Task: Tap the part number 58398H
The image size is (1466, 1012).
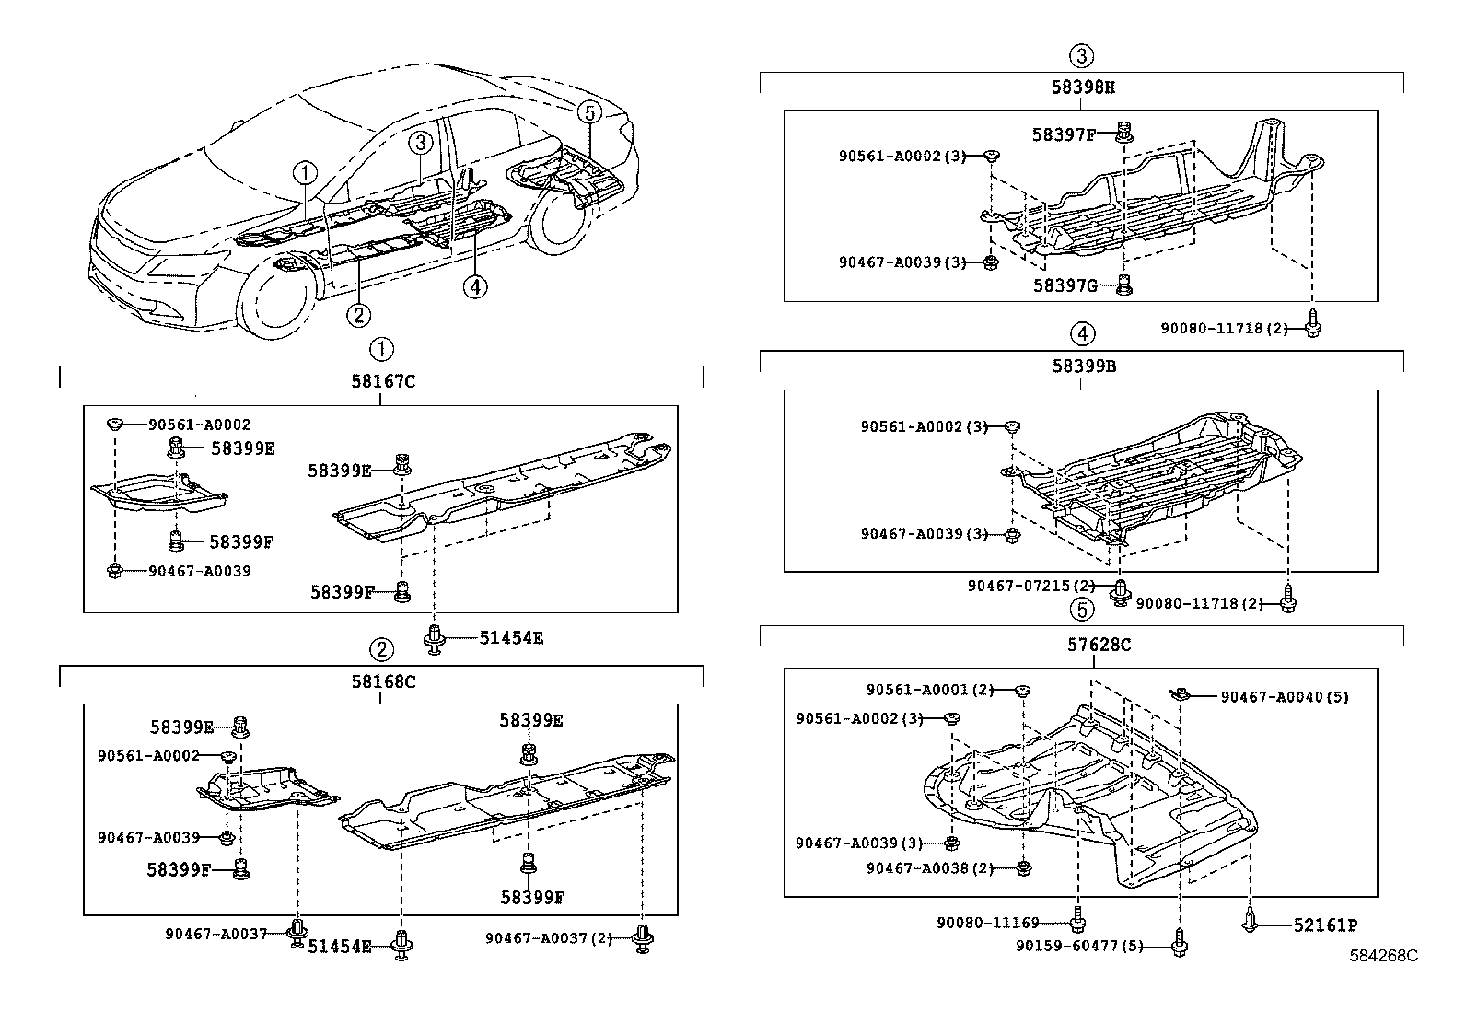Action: point(1083,87)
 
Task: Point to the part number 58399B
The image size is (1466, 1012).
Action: point(1084,366)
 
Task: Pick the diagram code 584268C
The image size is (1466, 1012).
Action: point(1384,956)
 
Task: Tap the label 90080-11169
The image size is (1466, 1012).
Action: point(988,922)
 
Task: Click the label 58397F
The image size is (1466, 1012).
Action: point(1064,134)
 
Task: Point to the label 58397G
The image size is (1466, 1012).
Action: point(1064,285)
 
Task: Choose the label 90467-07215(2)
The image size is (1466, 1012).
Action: point(1030,586)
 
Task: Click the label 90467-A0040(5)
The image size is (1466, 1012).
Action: point(1284,697)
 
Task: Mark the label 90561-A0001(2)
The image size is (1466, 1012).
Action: point(929,690)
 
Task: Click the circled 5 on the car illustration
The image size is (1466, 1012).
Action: point(589,112)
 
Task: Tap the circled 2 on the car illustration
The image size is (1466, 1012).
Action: point(358,315)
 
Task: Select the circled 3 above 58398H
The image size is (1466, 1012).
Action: point(1082,55)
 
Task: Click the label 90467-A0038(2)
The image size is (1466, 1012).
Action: point(929,867)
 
